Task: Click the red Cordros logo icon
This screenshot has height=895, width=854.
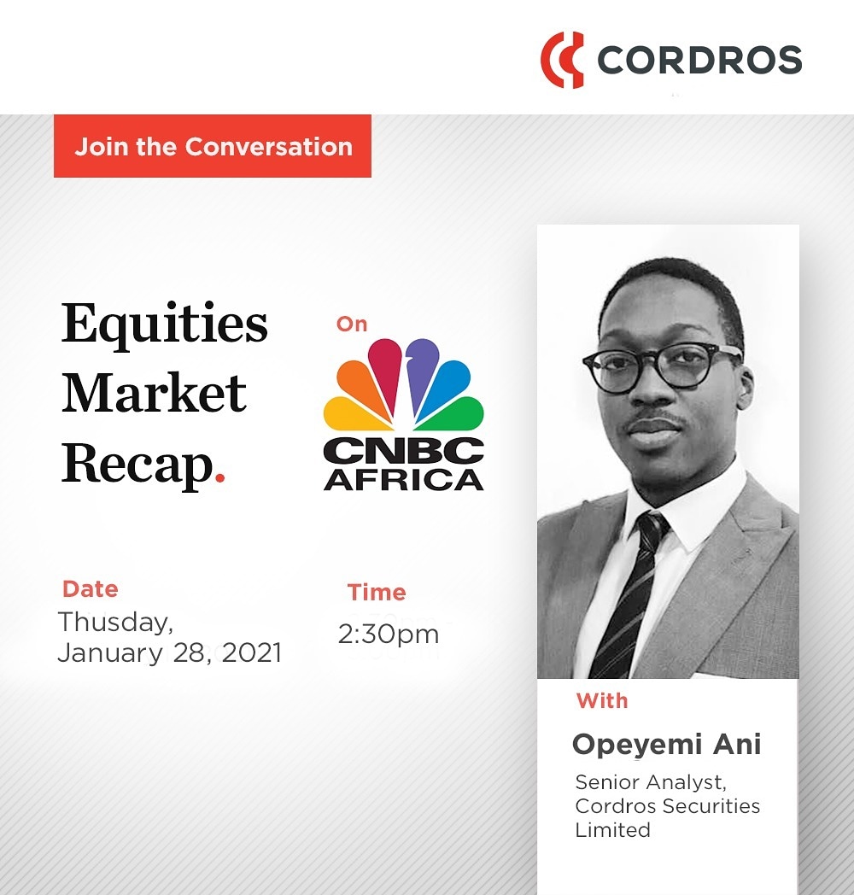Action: [562, 59]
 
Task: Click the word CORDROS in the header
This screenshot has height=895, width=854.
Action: [699, 60]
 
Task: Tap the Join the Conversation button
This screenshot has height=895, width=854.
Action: [213, 146]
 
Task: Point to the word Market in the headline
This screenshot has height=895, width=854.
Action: [155, 394]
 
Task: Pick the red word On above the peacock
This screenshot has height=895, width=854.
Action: [351, 324]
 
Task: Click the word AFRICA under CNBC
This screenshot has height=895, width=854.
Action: [404, 478]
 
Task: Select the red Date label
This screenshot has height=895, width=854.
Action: [91, 589]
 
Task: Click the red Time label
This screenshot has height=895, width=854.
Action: [377, 592]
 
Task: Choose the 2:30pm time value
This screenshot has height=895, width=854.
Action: [389, 635]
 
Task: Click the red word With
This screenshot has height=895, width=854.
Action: [602, 701]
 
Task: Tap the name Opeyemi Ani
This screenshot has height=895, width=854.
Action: [666, 744]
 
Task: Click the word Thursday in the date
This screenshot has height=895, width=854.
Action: [115, 623]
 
